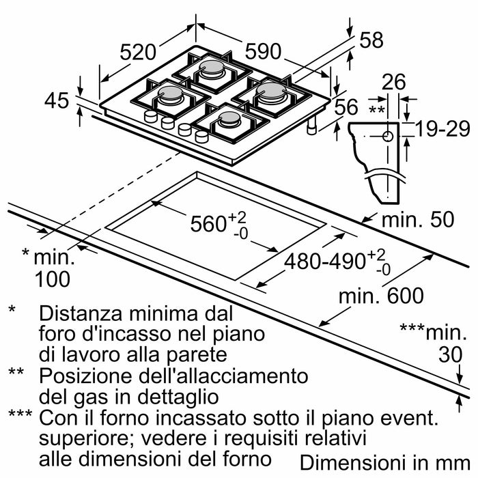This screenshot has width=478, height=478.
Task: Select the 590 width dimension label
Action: (x=264, y=52)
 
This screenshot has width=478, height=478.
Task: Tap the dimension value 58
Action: (x=371, y=40)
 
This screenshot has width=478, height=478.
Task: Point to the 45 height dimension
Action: (x=57, y=101)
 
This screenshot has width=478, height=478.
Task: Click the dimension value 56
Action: (x=347, y=107)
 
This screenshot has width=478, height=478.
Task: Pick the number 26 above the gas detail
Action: (x=393, y=83)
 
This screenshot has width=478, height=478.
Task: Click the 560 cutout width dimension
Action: (x=209, y=224)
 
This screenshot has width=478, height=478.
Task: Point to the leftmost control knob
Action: (x=150, y=117)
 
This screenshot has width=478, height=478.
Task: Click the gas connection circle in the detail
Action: (x=388, y=136)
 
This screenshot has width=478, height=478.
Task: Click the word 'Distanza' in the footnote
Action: (x=75, y=314)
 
